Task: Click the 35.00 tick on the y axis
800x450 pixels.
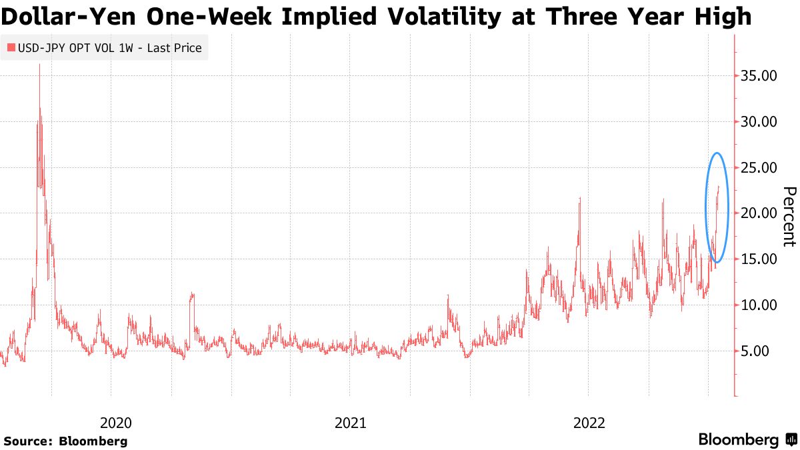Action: point(759,76)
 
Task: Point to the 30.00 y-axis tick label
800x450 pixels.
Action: point(759,122)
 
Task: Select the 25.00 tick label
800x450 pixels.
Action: point(759,167)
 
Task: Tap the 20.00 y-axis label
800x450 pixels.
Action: point(759,213)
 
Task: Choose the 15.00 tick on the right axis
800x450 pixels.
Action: point(759,259)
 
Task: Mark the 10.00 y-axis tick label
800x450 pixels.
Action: point(759,305)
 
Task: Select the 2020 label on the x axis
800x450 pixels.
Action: point(115,423)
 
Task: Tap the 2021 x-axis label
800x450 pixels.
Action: point(350,423)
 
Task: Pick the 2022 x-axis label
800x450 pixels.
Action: point(589,423)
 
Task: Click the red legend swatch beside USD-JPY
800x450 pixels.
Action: point(10,48)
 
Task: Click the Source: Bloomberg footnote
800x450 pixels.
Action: point(65,441)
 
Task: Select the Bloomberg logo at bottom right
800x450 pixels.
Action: point(747,439)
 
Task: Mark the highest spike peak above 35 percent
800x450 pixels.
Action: point(39,65)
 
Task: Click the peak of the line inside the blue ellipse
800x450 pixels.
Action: point(719,186)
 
